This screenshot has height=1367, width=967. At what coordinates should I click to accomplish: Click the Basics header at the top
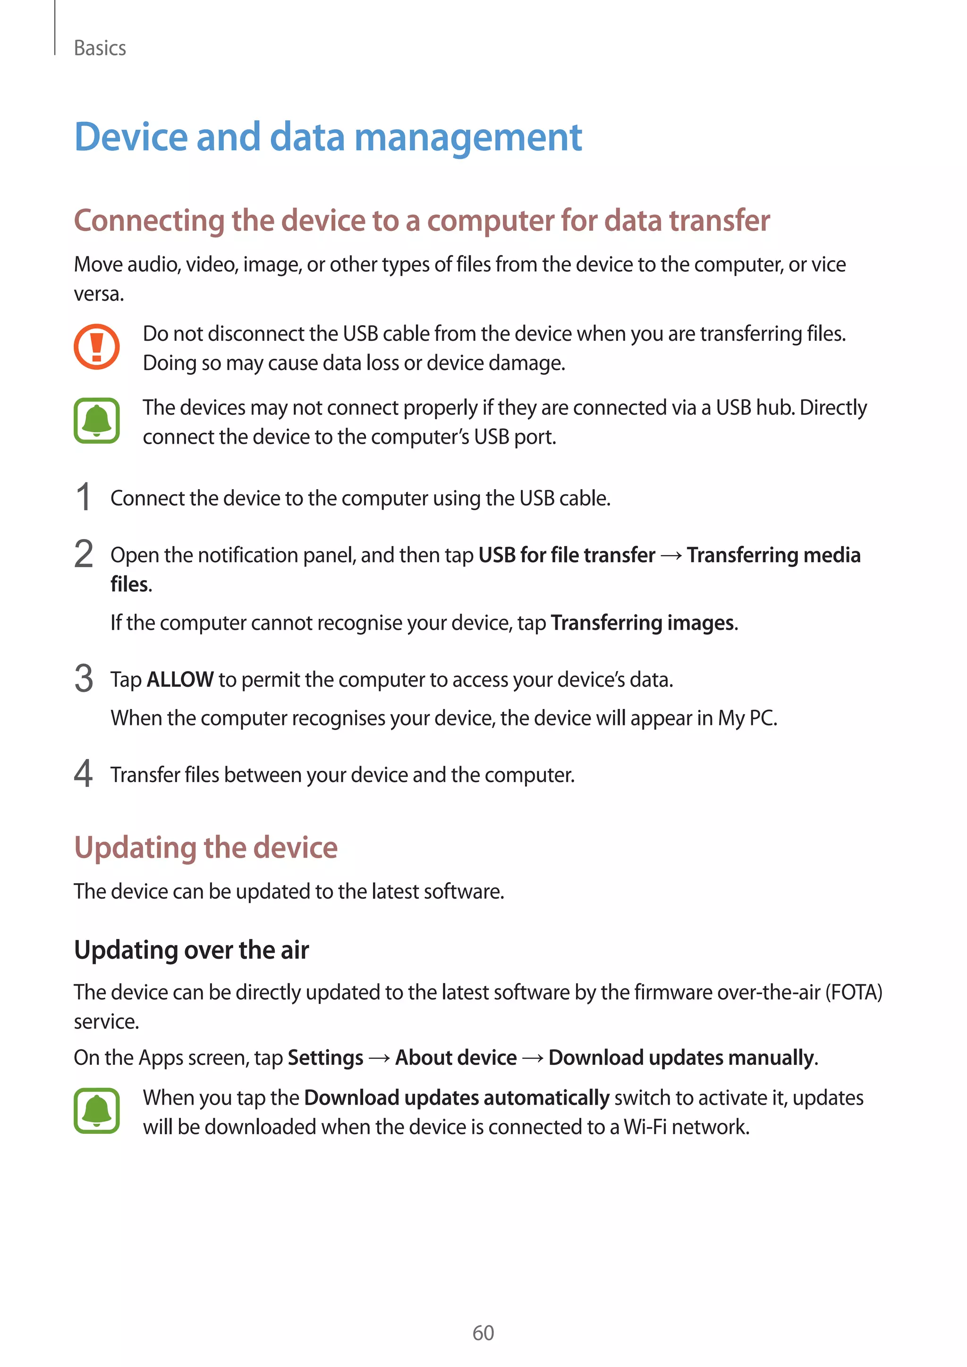coord(100,48)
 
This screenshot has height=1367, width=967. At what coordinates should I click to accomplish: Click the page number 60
coord(483,1333)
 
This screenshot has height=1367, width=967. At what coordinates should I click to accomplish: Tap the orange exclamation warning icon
coord(96,346)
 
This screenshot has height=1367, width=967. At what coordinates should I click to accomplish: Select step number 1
coord(84,497)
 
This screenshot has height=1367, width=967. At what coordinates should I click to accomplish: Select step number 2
coord(84,554)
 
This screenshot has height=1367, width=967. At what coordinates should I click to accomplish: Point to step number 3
coord(84,679)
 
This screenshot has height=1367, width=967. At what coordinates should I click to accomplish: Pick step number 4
coord(84,774)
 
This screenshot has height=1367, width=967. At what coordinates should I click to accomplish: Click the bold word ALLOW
coord(180,679)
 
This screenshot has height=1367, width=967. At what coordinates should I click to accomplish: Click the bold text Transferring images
coord(643,623)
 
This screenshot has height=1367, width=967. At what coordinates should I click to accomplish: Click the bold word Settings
coord(325,1058)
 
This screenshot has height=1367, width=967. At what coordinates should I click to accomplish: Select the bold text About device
coord(456,1058)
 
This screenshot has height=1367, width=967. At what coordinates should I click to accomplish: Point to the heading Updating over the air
coord(191,950)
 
